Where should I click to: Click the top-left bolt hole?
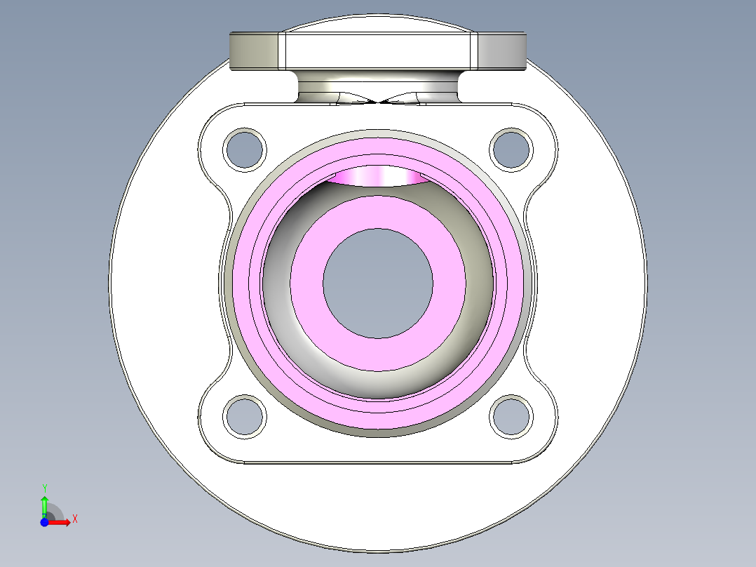tap(245, 149)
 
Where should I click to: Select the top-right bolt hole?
tap(511, 149)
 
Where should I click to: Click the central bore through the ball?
tap(378, 283)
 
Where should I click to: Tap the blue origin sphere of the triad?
tap(44, 522)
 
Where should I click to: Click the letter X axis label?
tap(74, 519)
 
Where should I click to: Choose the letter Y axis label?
tap(44, 488)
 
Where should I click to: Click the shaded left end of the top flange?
tap(254, 52)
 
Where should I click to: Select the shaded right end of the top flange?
tap(501, 52)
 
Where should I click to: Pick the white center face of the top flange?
tap(378, 52)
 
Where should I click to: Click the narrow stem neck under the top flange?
tap(378, 86)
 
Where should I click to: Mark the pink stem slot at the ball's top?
tap(378, 176)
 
